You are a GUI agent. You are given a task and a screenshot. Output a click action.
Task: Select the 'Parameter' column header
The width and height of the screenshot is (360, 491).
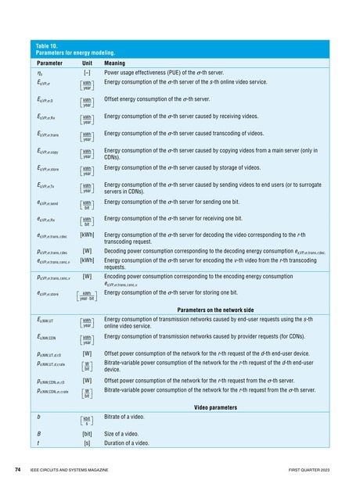coord(49,63)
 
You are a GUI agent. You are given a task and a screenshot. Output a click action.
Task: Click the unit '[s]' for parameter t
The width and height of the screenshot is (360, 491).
coord(87,443)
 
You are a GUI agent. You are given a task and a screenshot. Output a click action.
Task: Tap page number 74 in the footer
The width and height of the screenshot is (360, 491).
coord(17,470)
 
